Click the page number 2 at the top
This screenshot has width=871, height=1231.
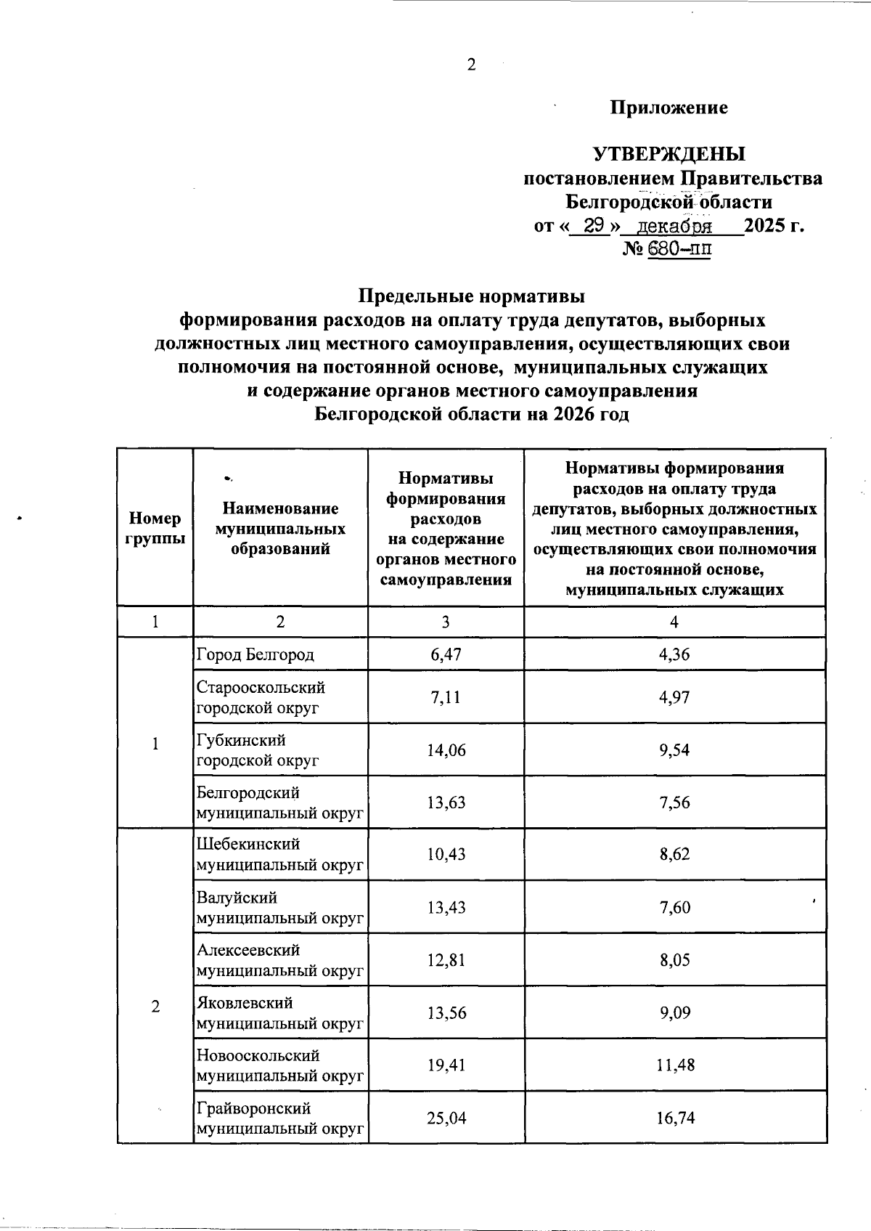pyautogui.click(x=471, y=65)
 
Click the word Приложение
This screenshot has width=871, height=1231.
pyautogui.click(x=668, y=108)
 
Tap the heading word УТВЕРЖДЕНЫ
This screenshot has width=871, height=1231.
pyautogui.click(x=669, y=154)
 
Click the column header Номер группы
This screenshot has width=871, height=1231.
pyautogui.click(x=155, y=528)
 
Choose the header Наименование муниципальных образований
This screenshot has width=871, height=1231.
pyautogui.click(x=280, y=528)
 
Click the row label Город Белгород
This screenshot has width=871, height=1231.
pyautogui.click(x=255, y=654)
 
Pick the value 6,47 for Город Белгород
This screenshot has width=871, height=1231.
pyautogui.click(x=445, y=654)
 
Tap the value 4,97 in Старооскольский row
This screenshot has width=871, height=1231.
pyautogui.click(x=674, y=697)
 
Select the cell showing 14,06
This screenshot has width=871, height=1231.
pyautogui.click(x=445, y=750)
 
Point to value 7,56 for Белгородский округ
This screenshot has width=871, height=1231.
pyautogui.click(x=674, y=803)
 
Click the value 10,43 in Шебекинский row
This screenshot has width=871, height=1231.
pyautogui.click(x=445, y=854)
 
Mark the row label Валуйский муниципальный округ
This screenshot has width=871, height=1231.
pyautogui.click(x=279, y=908)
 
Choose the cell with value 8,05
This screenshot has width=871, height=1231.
pyautogui.click(x=674, y=960)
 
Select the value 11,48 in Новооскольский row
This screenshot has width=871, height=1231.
pyautogui.click(x=674, y=1065)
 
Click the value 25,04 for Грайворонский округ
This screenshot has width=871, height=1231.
pyautogui.click(x=445, y=1118)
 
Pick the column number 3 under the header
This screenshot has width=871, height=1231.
pyautogui.click(x=445, y=622)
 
